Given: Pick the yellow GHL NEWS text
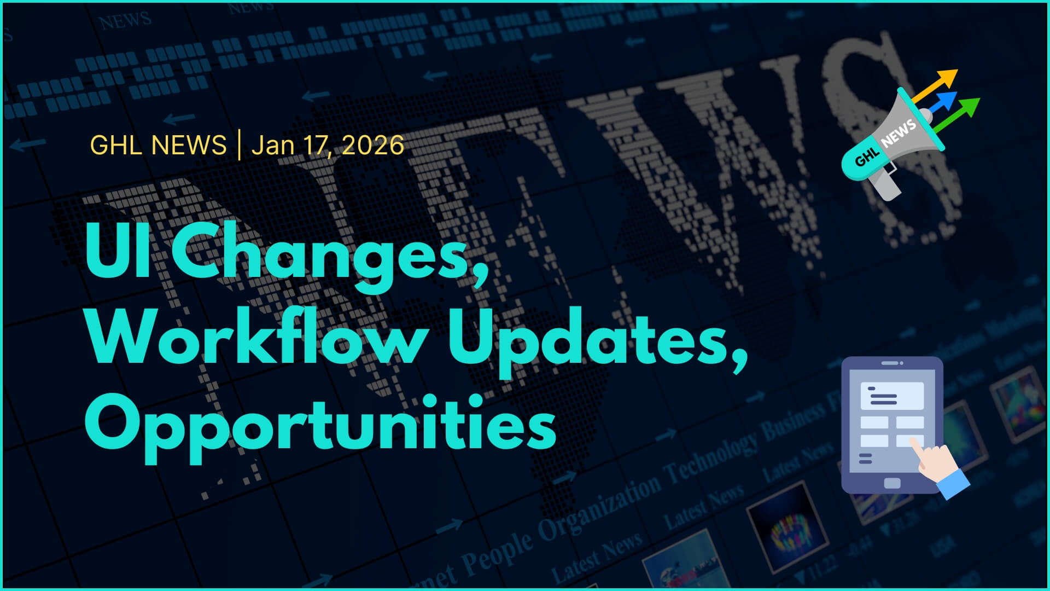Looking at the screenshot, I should (158, 146).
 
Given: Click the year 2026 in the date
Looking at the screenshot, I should (373, 146).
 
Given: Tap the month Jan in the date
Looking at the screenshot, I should (272, 146).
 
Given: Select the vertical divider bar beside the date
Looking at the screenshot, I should (239, 145).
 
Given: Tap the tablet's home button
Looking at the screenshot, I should (892, 483).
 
